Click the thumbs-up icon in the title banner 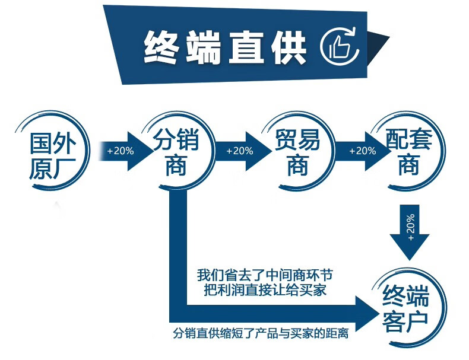point(340,45)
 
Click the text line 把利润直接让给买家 point(265,291)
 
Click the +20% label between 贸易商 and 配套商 point(362,151)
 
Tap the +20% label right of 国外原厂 point(121,151)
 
